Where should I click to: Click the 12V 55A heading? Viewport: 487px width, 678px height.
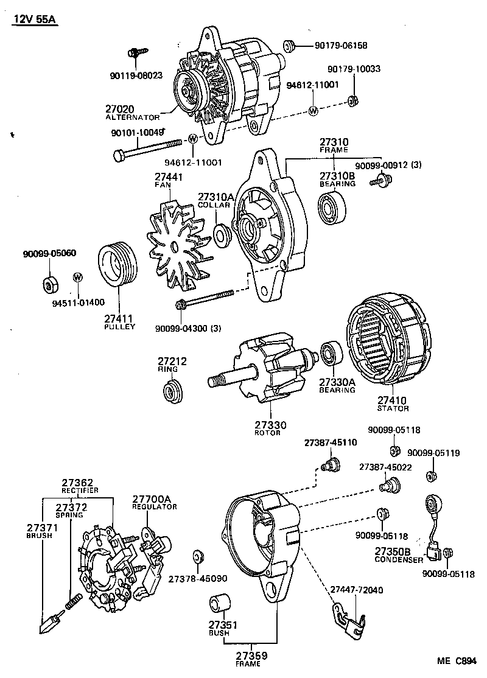tap(34, 20)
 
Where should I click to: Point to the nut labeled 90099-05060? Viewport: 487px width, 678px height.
tap(48, 284)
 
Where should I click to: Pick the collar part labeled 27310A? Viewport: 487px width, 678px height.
tap(222, 234)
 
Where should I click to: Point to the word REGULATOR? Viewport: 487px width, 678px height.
tap(155, 507)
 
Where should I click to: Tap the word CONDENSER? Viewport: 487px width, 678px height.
tap(398, 559)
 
